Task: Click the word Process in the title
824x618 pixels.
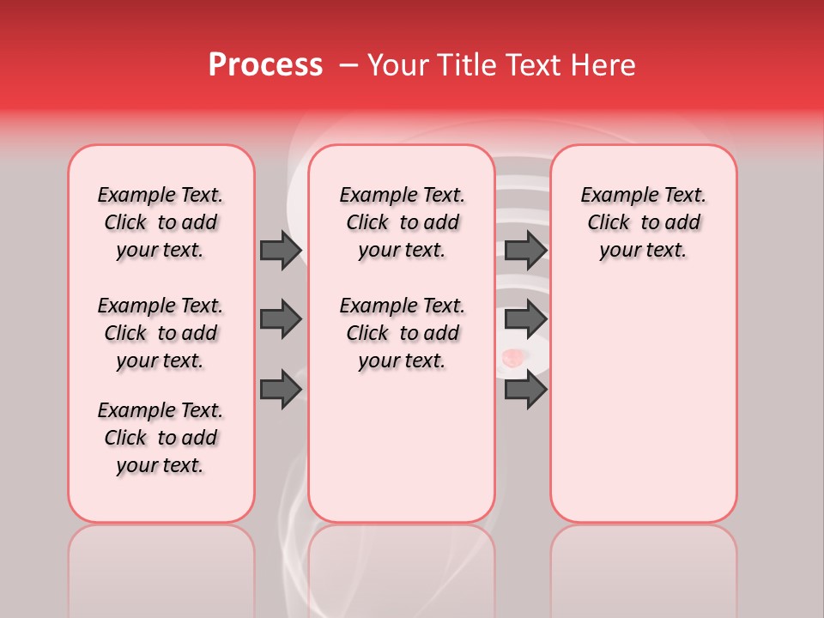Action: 265,65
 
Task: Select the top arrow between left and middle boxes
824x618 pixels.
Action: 281,250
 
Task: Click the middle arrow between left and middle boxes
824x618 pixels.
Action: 281,319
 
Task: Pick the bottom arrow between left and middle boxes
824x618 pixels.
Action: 281,390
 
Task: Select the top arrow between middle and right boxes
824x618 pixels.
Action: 525,250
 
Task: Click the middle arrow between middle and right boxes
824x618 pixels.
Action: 525,319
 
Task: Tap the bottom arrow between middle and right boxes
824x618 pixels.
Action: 525,390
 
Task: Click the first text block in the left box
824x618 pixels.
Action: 161,222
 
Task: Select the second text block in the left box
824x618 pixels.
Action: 161,333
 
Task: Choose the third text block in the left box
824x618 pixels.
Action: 161,438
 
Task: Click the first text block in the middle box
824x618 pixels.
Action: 402,222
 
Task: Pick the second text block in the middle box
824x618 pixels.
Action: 402,333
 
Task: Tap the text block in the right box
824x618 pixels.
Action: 643,222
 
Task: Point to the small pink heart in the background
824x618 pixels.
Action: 512,358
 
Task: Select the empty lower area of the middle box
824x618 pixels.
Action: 402,446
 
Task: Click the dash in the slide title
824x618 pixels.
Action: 348,65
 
